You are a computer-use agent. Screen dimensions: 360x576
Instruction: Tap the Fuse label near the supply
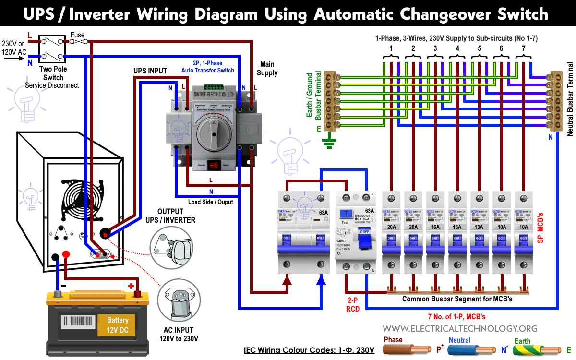(77, 35)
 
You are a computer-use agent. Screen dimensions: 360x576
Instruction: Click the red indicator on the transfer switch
(214, 165)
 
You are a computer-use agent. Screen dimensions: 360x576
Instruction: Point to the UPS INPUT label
(150, 71)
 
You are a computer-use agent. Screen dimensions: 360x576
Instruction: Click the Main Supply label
(267, 68)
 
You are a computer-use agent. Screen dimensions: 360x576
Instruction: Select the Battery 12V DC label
(118, 324)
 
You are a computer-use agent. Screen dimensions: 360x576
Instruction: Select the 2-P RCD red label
(353, 304)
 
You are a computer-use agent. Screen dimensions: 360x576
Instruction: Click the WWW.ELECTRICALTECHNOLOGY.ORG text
(460, 328)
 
